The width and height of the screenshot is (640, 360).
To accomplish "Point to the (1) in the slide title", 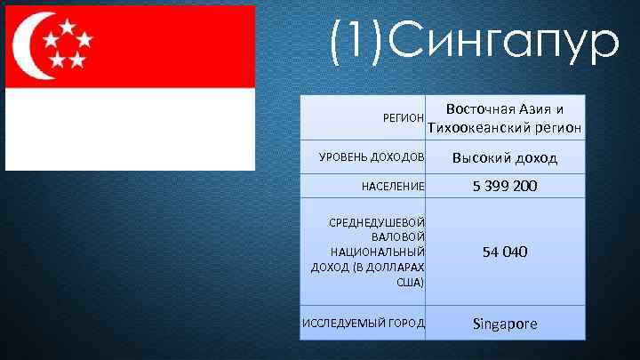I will pos(356,41).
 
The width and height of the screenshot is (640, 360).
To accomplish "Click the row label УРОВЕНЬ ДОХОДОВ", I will pos(372,158).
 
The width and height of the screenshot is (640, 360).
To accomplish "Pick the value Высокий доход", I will pos(505,158).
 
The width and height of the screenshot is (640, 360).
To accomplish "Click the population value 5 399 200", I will pos(505,187).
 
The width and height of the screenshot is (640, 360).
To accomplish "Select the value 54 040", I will pos(505,252).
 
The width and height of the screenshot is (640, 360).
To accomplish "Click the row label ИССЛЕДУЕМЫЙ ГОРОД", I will pos(364,322).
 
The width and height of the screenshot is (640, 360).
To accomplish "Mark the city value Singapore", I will pos(505,323).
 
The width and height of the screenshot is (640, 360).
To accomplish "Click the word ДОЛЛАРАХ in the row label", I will pos(393,267).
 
